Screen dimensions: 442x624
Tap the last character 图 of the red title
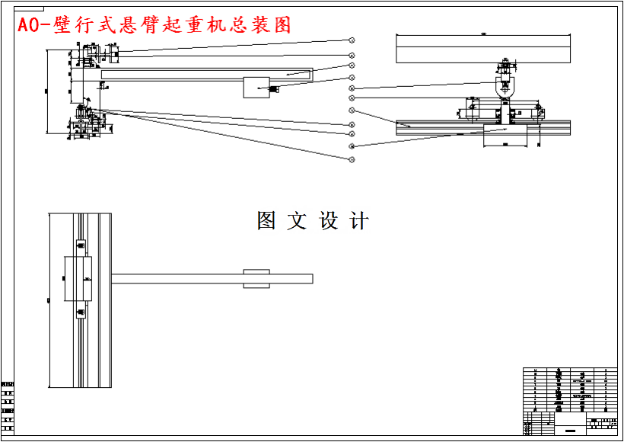(282, 24)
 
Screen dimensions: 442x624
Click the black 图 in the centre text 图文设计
(266, 221)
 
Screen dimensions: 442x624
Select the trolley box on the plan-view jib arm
(256, 278)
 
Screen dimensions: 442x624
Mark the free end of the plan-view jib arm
(310, 278)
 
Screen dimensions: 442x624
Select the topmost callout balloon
(352, 40)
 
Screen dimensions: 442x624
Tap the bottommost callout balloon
(352, 159)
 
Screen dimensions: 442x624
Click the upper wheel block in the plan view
(80, 248)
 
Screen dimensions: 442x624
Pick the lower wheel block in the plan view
(80, 310)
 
